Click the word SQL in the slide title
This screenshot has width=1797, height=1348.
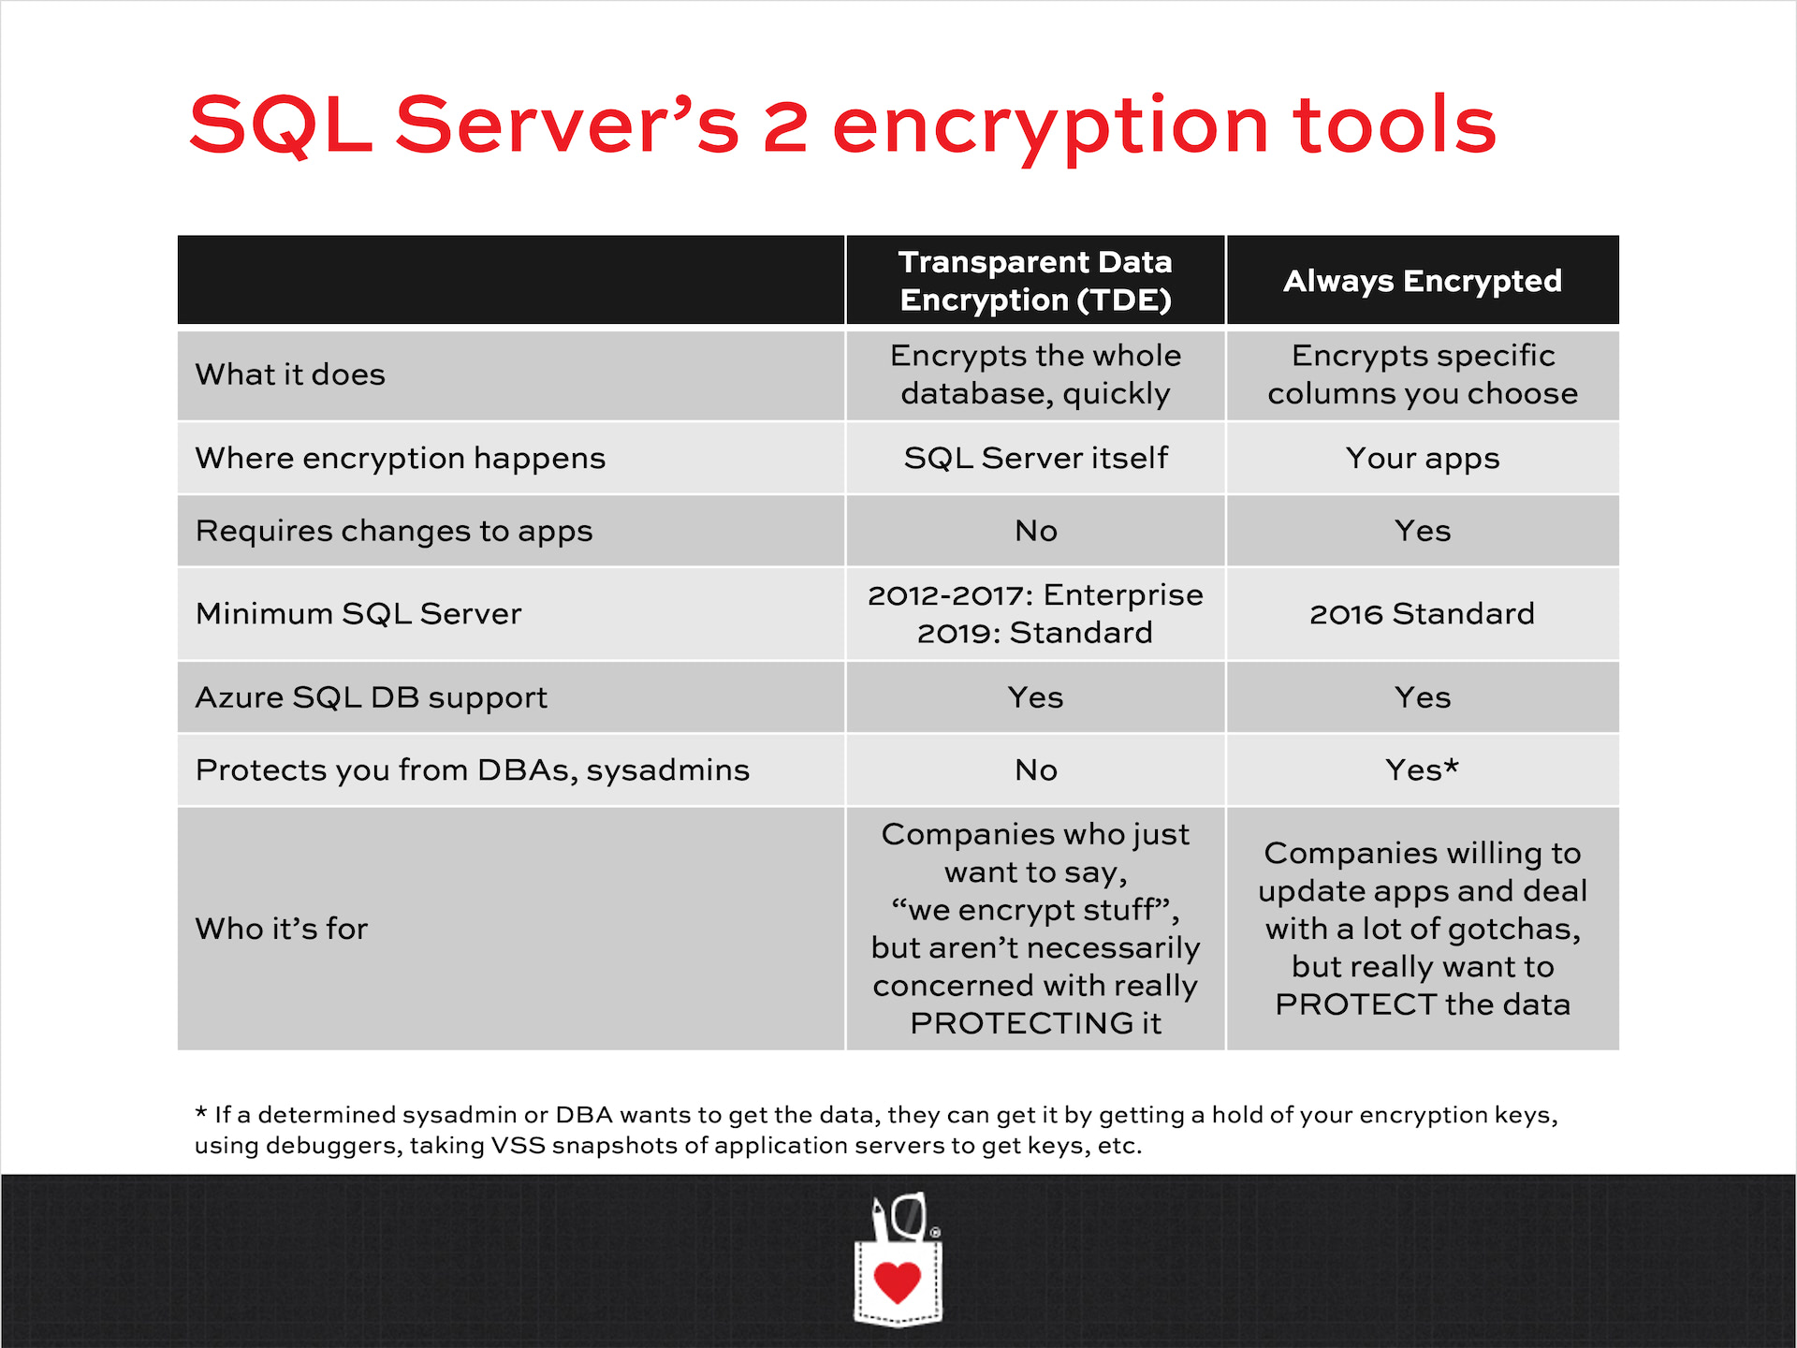[x=281, y=125]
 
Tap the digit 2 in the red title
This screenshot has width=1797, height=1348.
[x=786, y=125]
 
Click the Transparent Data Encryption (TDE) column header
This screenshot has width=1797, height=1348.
[x=1035, y=281]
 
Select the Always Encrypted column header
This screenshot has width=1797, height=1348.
[x=1423, y=281]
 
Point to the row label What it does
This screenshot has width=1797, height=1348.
[x=290, y=374]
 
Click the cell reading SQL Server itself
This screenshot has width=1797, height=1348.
[x=1035, y=458]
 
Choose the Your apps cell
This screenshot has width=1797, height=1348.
[x=1423, y=459]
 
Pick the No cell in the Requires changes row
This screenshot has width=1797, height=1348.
[x=1036, y=531]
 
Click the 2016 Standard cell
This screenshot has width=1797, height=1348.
[x=1422, y=614]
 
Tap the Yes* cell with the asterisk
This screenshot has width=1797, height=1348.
[x=1423, y=769]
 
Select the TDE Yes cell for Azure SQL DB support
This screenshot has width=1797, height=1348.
[x=1035, y=697]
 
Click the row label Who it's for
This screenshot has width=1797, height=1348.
[x=281, y=929]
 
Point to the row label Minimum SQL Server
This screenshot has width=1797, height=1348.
[x=358, y=614]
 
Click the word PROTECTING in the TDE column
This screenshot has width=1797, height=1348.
[x=1021, y=1023]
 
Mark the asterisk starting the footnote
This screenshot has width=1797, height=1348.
[x=200, y=1112]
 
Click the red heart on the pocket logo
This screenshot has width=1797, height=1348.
[x=897, y=1282]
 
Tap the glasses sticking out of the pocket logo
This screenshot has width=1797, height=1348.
[x=908, y=1216]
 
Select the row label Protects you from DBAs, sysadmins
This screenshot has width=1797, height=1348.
[x=473, y=770]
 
